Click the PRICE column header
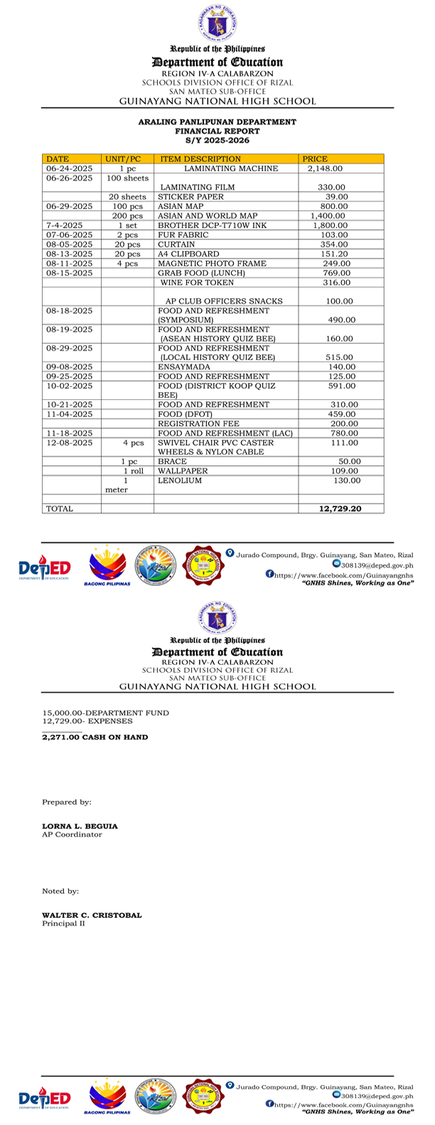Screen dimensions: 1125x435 315,159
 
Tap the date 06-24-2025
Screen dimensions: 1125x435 70,169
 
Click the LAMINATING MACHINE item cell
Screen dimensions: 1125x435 226,169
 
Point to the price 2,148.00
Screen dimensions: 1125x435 326,169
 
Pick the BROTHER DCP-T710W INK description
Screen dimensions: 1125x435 212,225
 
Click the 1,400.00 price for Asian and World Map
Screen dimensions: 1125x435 328,216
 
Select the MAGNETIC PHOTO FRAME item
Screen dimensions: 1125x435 212,263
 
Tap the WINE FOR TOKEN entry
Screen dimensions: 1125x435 197,283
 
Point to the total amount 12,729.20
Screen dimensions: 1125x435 340,509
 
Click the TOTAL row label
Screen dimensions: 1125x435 60,509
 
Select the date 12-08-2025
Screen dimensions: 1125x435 70,443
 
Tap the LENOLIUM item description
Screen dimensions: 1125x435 180,481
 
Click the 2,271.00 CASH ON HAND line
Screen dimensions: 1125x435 95,737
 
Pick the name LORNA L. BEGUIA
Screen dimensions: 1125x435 80,826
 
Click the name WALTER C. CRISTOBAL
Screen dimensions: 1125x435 92,915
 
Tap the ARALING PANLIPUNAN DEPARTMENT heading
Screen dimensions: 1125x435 217,122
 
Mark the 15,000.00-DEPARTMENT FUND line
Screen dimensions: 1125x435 106,712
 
